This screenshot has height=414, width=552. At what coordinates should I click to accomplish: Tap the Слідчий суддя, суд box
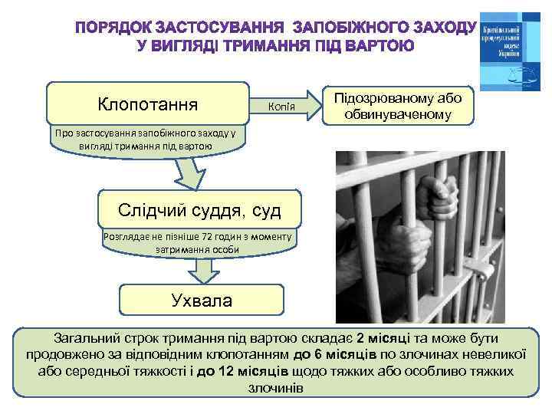(x=199, y=209)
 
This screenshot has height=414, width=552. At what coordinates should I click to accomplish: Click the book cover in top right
(x=510, y=51)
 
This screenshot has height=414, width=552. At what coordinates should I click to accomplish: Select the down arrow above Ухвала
(x=202, y=269)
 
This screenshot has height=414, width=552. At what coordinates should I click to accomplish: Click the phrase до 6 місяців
(x=335, y=354)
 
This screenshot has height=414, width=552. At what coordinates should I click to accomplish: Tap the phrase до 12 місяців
(x=242, y=371)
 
